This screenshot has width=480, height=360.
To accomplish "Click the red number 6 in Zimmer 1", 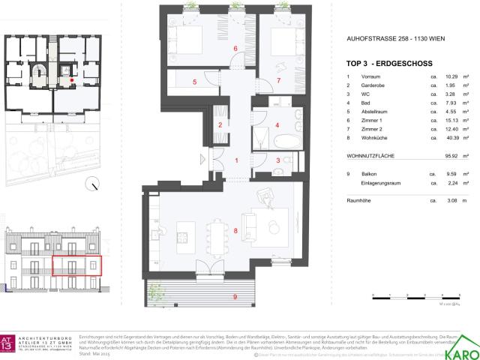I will [x=235, y=49].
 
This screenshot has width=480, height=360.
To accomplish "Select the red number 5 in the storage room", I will [x=194, y=82].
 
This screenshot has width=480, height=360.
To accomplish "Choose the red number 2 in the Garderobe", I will [x=220, y=125].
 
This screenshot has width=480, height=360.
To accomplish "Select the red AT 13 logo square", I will [x=14, y=338].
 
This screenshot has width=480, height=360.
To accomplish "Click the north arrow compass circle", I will [x=91, y=182].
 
